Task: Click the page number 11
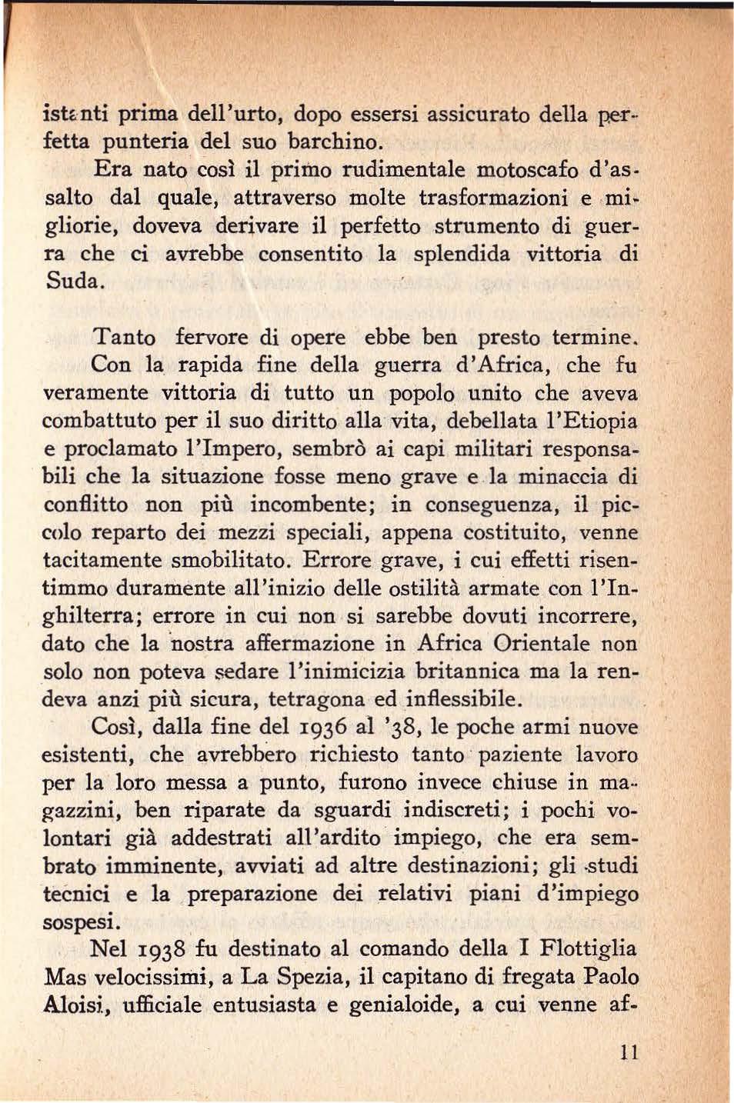[x=629, y=1052]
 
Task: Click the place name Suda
[x=74, y=281]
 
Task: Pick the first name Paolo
[x=611, y=977]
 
